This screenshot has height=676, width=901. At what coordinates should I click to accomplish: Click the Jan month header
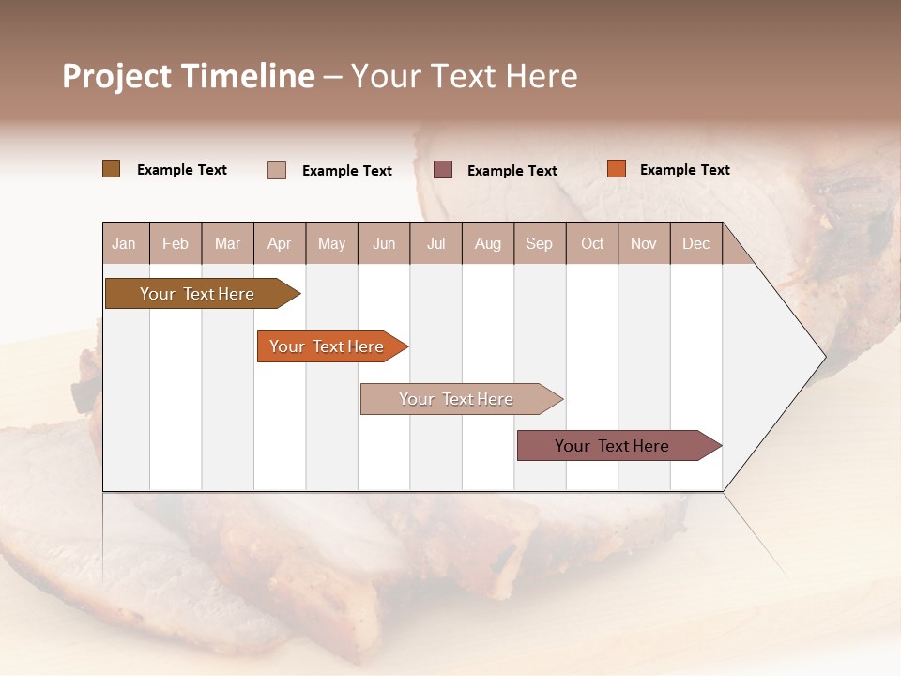point(124,244)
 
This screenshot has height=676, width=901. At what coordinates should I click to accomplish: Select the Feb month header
point(176,244)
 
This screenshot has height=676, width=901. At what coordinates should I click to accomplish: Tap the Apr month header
point(279,244)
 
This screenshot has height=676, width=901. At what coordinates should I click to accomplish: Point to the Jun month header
point(384,244)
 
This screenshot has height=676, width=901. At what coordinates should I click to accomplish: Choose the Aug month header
point(488,244)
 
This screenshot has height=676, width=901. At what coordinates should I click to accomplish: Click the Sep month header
point(539,244)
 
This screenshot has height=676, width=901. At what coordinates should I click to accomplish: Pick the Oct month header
point(592,244)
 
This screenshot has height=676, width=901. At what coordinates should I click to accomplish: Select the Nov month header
point(644,244)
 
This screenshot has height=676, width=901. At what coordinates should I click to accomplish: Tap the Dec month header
point(695,244)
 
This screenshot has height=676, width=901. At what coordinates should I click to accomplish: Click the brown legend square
point(112,169)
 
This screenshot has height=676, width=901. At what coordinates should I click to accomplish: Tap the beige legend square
point(277,170)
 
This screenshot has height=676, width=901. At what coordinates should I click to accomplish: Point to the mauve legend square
point(443,169)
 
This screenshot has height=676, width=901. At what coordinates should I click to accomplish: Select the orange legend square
point(617,169)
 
